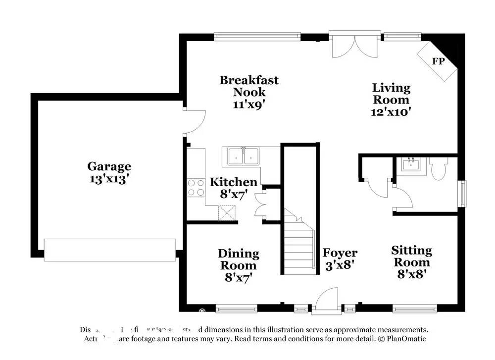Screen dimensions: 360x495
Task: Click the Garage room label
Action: coord(109,167)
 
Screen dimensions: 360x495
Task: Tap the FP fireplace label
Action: coord(438,61)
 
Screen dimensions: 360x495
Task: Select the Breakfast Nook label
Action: coord(249,86)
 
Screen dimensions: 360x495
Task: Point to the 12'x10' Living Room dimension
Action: coord(391,112)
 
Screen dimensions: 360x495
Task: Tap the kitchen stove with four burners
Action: coord(196,188)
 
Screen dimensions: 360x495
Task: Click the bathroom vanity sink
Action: coord(411,164)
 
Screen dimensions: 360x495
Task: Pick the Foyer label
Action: coord(340,253)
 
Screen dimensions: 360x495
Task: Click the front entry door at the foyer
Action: coord(327,301)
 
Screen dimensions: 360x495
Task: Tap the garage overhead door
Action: coord(110,250)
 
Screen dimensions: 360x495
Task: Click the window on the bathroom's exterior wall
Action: coord(463,194)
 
